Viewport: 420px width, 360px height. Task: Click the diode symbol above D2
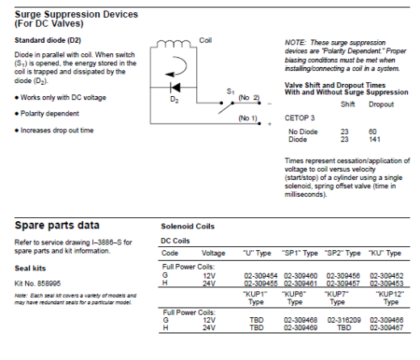coord(175,87)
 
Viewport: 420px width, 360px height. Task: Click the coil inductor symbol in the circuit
coord(174,44)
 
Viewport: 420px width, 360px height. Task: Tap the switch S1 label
coord(230,92)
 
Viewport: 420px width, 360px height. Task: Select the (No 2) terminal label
coord(249,98)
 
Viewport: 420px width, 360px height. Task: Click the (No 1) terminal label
coord(248,118)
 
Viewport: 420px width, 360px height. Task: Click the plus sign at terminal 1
coord(270,124)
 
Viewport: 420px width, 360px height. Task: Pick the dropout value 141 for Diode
coord(374,140)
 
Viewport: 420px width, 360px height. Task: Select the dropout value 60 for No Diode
coord(372,132)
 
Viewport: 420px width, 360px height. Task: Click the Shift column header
coord(347,104)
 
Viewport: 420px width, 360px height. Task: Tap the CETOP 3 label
coord(300,118)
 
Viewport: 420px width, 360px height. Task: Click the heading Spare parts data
coord(57,225)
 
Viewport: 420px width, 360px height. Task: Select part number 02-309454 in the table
coord(261,276)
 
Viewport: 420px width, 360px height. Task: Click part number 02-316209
coord(344,320)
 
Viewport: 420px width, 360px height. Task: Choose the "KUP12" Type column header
coord(390,298)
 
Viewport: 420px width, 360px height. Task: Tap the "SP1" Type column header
coord(300,253)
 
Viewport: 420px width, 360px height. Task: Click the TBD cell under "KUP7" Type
coord(344,328)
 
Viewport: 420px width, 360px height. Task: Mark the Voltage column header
coord(213,253)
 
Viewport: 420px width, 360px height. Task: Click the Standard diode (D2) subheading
coord(48,40)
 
